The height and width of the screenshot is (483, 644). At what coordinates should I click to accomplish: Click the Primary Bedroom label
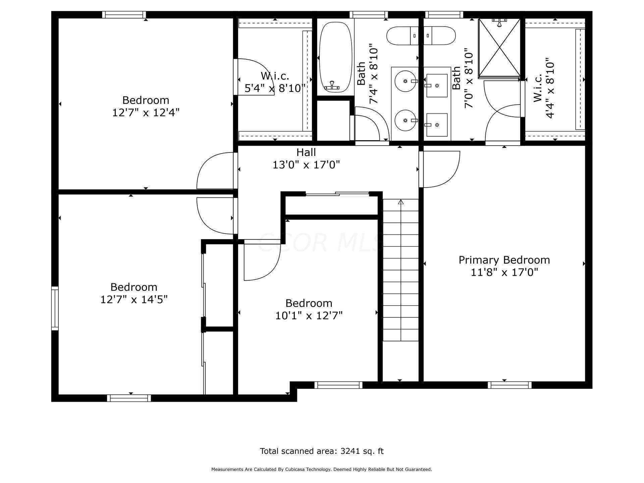tap(504, 260)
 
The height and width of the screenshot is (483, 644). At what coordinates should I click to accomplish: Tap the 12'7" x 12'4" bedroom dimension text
tap(146, 112)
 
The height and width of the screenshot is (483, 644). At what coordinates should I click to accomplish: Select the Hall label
tap(306, 152)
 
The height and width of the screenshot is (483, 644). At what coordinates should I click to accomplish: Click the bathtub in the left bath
tap(335, 57)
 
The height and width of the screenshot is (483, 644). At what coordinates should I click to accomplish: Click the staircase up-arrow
tap(400, 202)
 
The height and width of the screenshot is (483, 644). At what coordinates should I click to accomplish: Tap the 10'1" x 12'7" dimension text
tap(309, 316)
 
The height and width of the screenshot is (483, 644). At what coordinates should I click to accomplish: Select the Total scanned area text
tap(321, 451)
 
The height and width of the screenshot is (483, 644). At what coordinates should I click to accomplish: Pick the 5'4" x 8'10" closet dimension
tap(275, 88)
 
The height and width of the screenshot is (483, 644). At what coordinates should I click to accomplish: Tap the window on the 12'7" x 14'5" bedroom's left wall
tap(55, 308)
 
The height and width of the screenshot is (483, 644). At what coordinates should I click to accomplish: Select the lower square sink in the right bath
tap(437, 125)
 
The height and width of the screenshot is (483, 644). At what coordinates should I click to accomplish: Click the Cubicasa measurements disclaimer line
tap(321, 470)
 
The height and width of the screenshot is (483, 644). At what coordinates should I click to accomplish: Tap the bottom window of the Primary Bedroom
tap(509, 385)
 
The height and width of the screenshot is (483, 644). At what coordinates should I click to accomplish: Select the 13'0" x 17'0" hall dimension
tap(306, 165)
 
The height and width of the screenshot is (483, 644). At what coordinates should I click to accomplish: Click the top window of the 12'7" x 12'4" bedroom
tap(124, 14)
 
